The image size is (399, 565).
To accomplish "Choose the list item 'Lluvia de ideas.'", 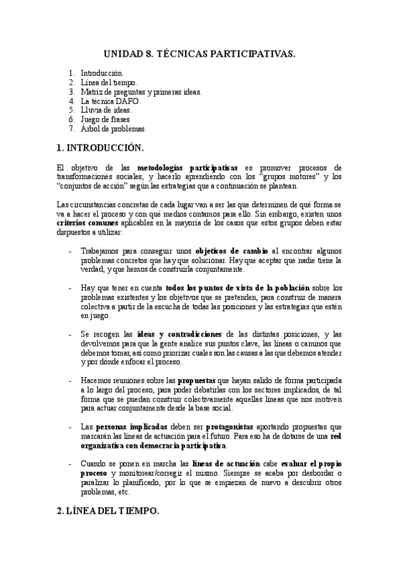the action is (x=107, y=110).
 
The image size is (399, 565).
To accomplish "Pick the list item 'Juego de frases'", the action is (x=105, y=119).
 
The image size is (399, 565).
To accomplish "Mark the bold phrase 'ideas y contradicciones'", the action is (x=180, y=333).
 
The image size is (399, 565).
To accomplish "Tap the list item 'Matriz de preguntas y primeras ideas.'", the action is (x=141, y=91).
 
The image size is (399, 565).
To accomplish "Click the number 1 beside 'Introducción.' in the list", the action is (x=71, y=73).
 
